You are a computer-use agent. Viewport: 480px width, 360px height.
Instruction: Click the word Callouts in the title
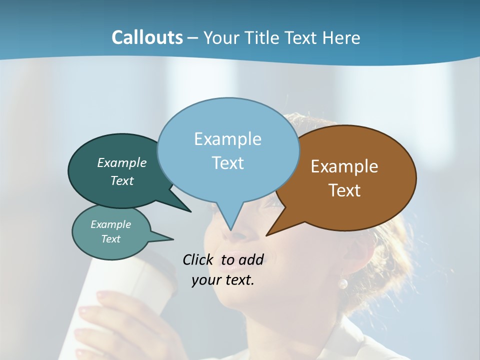click(147, 37)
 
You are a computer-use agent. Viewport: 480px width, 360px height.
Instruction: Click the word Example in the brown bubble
click(344, 166)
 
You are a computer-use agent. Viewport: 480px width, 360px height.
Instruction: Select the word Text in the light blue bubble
click(228, 163)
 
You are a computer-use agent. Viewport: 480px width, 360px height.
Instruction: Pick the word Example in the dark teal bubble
click(122, 163)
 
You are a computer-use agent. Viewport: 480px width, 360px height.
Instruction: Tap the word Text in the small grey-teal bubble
click(111, 239)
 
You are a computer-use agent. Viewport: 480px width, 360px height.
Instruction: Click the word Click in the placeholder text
click(199, 259)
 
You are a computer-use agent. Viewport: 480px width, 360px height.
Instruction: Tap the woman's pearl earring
click(343, 283)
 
